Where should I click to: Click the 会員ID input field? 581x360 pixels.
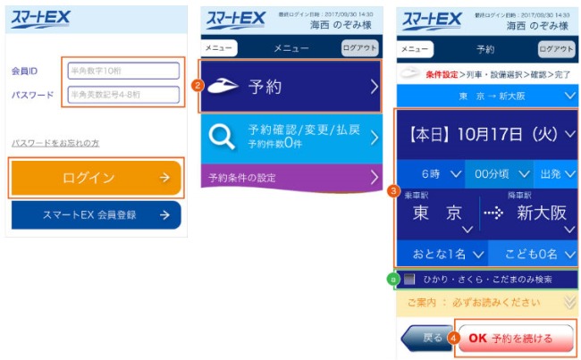pos(123,71)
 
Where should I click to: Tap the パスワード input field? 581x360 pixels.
pos(123,95)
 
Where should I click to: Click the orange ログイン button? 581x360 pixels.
pos(96,178)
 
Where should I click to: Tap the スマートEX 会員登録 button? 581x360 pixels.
pos(96,215)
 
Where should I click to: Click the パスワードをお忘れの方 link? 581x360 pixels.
pos(55,143)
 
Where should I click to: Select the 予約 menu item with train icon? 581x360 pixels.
pos(290,86)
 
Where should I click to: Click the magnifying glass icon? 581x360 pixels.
pos(221,138)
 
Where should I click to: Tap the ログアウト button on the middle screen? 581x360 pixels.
pos(359,48)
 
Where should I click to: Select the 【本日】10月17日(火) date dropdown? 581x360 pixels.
pos(487,135)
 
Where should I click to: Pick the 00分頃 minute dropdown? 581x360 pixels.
pos(499,172)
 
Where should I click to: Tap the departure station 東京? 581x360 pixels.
pos(437,213)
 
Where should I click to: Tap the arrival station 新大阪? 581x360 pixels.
pos(536,213)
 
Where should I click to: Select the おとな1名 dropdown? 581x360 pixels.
pos(442,255)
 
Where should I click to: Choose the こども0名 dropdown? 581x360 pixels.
pos(533,255)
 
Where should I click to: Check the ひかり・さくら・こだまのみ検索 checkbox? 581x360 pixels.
pos(409,280)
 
